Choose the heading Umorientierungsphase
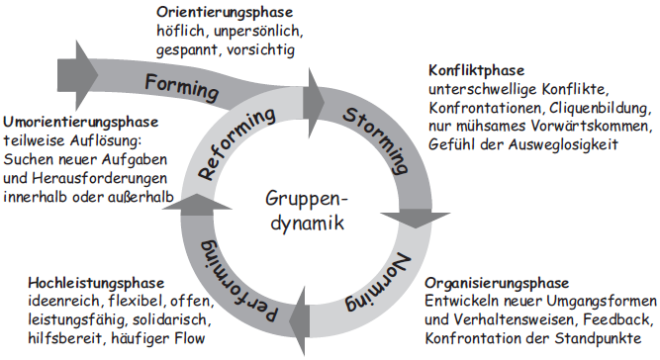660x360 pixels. pos(79,123)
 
